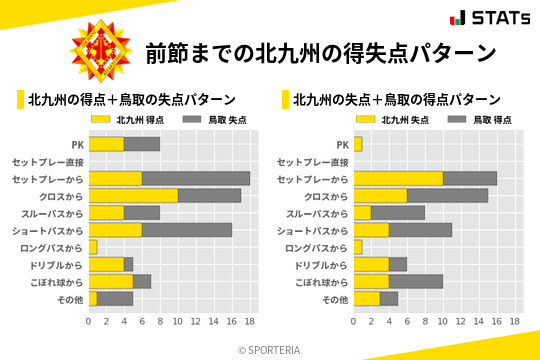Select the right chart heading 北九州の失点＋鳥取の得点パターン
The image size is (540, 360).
397,99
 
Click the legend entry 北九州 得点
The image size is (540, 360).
124,119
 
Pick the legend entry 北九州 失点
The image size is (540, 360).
389,119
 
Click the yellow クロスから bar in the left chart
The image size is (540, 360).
133,196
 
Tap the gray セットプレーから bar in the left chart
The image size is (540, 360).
196,178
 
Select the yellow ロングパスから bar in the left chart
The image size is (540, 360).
93,247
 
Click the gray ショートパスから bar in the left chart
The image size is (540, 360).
187,230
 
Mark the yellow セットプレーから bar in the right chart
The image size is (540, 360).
398,178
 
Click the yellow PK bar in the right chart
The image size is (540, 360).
358,144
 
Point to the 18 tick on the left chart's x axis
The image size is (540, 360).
250,322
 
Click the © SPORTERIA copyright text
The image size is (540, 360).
269,349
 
